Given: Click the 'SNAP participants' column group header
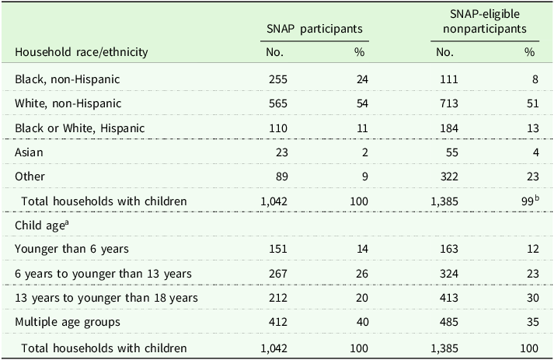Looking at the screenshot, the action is [315, 29].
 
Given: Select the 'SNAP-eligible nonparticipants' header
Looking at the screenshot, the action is [485, 21].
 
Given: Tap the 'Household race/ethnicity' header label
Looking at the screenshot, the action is [82, 52].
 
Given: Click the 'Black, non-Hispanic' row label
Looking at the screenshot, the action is [67, 79].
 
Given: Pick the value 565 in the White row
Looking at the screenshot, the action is [278, 103].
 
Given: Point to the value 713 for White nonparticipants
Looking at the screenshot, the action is [448, 103].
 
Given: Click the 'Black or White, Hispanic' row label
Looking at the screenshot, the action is [79, 128].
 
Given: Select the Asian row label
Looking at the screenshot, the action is [29, 152].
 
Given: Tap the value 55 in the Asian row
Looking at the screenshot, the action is [451, 152].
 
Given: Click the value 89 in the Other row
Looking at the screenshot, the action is [281, 177].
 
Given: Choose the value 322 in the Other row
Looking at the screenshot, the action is [448, 177].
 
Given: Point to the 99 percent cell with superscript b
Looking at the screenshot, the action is [531, 201].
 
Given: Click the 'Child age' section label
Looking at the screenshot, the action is [41, 225].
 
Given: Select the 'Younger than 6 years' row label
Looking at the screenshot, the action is [71, 249].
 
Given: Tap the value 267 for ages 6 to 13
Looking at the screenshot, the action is [278, 274].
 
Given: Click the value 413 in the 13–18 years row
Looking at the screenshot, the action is [448, 298].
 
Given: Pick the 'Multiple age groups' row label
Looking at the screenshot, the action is [68, 322].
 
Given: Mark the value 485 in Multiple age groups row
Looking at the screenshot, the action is [448, 322].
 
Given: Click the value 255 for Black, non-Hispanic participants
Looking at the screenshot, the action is [278, 79].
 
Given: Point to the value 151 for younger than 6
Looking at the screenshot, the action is [278, 249].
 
